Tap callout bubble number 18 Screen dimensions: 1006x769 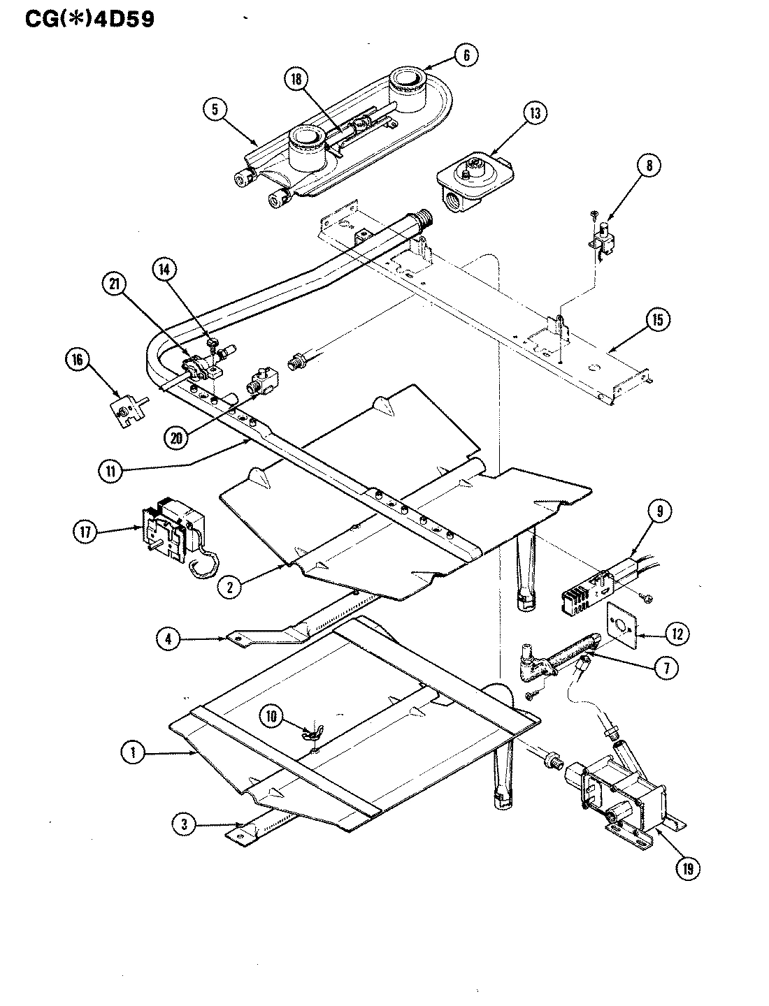click(x=296, y=80)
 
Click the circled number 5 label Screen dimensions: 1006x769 click(x=215, y=109)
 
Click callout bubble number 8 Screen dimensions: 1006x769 click(x=648, y=166)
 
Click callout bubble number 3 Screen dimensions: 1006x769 click(x=184, y=824)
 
